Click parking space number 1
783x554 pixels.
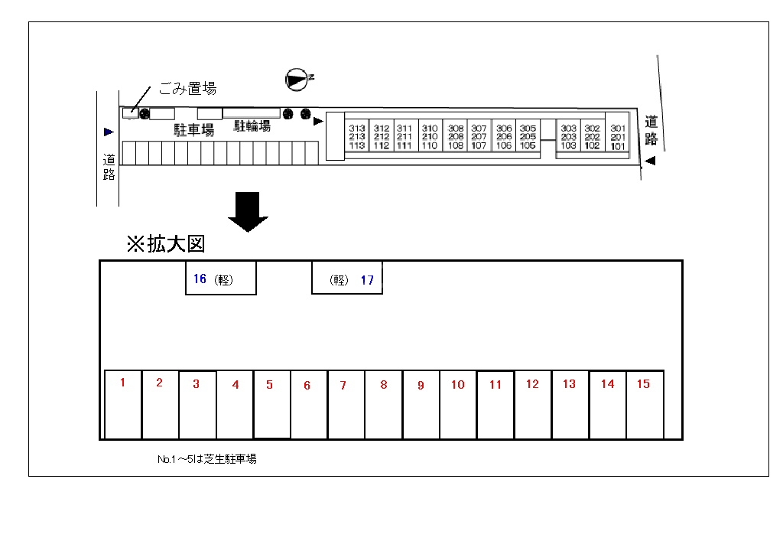(123, 405)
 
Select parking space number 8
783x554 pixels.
(384, 405)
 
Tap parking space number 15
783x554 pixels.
(645, 405)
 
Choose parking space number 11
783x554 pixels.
(495, 405)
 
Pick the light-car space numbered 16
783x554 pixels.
(220, 279)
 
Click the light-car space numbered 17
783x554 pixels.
(347, 279)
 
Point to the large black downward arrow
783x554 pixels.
(249, 211)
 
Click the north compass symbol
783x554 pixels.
(296, 78)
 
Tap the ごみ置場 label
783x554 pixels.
(187, 89)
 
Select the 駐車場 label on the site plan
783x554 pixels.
(193, 130)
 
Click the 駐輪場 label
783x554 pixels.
(252, 126)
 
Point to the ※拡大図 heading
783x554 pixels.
(166, 244)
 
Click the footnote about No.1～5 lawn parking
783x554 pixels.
(206, 459)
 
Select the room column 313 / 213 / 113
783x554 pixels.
(357, 137)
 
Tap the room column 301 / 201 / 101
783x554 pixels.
(618, 137)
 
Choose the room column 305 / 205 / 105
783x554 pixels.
(528, 137)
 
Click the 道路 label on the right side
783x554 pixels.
(651, 130)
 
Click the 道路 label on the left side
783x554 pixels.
(109, 167)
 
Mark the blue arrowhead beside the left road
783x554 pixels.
(109, 132)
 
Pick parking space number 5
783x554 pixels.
(271, 405)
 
